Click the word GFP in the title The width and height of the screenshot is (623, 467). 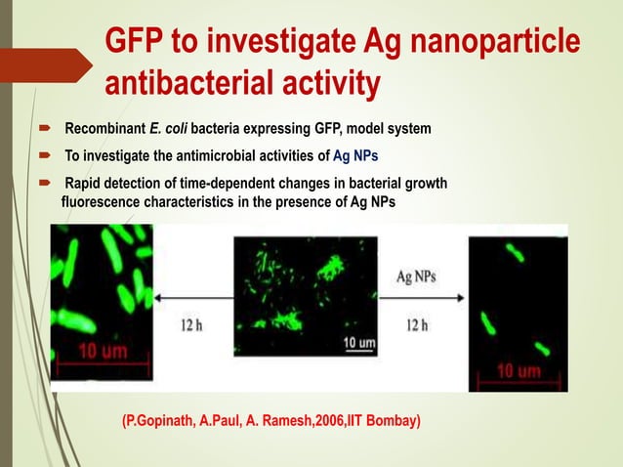click(x=138, y=42)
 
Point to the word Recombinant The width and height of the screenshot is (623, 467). click(x=105, y=129)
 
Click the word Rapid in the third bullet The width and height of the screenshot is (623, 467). click(x=85, y=185)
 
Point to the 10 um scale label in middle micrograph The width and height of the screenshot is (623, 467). click(x=357, y=343)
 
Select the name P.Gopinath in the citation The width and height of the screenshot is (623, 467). click(x=157, y=422)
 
